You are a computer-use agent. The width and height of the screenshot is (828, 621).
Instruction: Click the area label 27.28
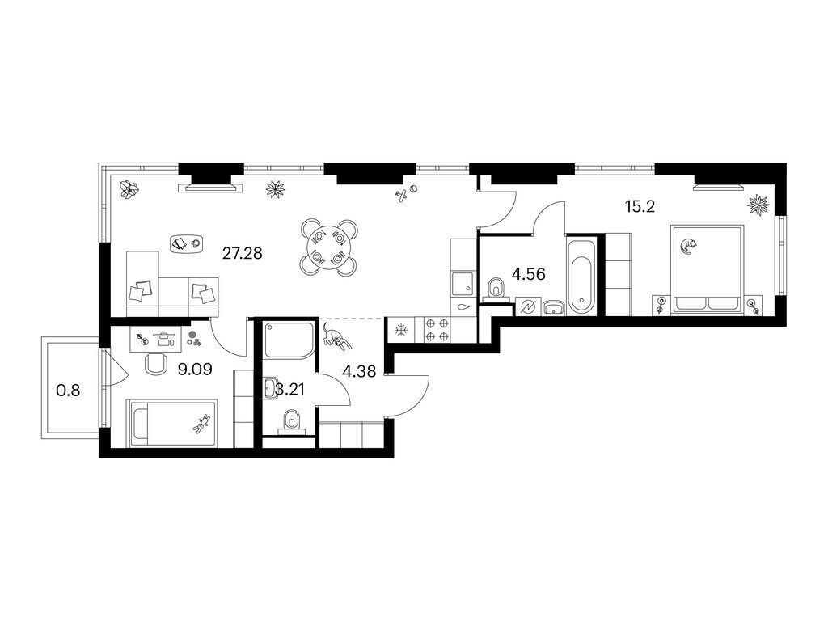pos(243,254)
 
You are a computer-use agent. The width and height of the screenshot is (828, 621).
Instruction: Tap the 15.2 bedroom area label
pos(640,207)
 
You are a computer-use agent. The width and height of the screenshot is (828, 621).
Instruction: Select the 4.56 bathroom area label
pos(529,274)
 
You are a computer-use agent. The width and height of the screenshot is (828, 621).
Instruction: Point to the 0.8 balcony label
pos(69,391)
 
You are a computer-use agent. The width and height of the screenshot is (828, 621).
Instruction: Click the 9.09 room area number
pos(195,369)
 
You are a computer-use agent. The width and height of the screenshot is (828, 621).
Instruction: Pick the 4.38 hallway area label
pos(359,372)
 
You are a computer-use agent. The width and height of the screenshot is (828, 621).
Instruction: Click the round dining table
pos(329,247)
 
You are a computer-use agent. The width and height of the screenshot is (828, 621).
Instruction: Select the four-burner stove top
pos(437,328)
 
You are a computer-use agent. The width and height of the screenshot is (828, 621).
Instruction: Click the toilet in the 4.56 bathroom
pos(497,289)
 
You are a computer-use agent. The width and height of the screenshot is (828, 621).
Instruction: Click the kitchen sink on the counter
pos(463,282)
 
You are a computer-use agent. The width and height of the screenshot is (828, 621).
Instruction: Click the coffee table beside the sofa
pos(187,243)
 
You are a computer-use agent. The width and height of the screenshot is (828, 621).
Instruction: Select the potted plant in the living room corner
pos(129,188)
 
